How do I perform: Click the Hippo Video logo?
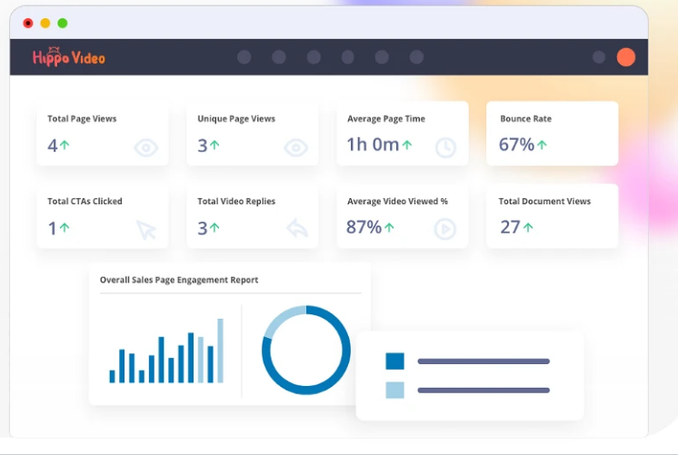point(69,57)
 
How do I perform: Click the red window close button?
point(28,23)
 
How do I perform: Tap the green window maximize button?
point(63,23)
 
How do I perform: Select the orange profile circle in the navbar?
point(625,57)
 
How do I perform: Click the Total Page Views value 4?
point(53,145)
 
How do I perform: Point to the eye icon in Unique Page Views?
point(295,148)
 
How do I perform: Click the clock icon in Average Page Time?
point(445,148)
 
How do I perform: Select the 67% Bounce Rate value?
point(517,144)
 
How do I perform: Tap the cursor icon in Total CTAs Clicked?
point(146,230)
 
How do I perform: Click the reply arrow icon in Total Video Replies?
point(297,228)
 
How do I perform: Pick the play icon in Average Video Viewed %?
point(445,229)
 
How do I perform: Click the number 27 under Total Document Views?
point(510,227)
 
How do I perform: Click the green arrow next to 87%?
point(389,227)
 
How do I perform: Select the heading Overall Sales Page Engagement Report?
point(179,280)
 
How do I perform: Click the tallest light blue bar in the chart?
point(220,351)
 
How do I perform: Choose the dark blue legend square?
point(394,361)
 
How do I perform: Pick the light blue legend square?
point(394,391)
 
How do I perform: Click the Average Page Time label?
point(386,119)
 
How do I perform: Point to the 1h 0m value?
point(373,144)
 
